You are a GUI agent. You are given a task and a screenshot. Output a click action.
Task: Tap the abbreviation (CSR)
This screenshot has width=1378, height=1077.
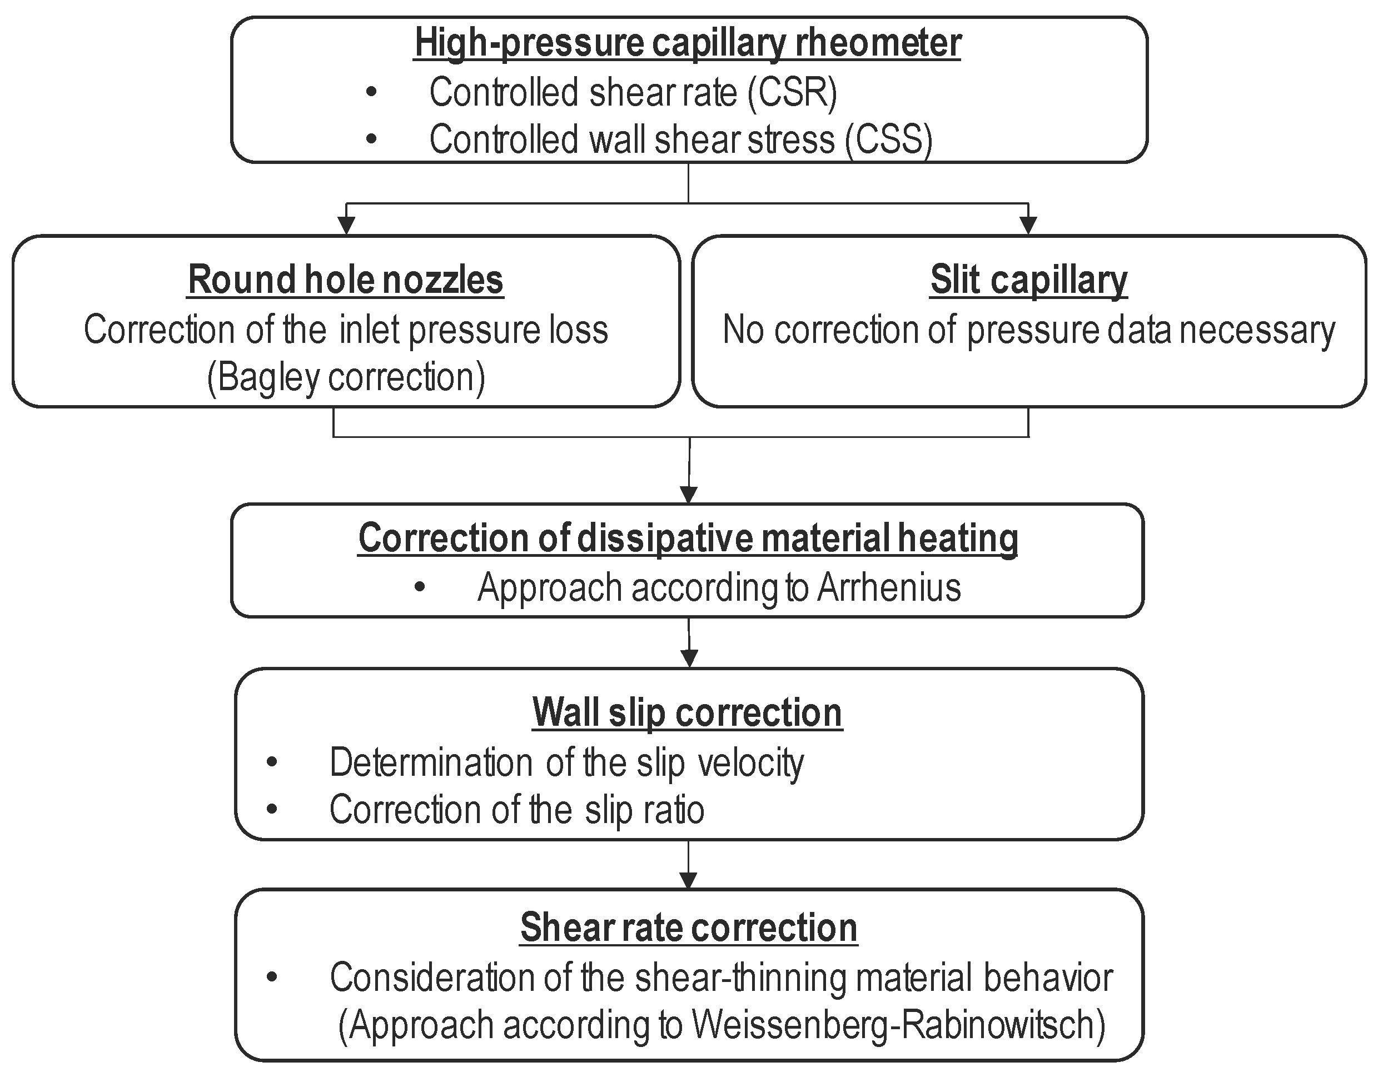pos(793,93)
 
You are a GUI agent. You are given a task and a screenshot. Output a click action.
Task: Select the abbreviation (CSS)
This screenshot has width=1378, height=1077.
pos(889,139)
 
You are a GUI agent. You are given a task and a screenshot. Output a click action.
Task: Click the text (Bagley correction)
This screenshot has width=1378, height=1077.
pos(346,377)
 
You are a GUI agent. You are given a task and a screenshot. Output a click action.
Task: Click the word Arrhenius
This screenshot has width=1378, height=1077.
pos(889,588)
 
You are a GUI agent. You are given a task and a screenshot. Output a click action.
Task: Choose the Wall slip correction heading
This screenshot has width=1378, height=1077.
pos(687,712)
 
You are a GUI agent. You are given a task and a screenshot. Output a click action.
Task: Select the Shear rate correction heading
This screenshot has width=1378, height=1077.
pos(688,928)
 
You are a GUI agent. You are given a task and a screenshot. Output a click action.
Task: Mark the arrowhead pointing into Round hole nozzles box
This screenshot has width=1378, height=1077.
pos(346,225)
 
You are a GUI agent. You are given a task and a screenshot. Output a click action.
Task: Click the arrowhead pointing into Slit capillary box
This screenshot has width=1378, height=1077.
pos(1028,225)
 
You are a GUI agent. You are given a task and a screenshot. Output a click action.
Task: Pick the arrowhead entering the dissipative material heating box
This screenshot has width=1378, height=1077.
pos(689,493)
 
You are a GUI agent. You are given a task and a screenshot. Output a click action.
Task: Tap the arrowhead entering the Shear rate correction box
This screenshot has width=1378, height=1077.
pos(688,880)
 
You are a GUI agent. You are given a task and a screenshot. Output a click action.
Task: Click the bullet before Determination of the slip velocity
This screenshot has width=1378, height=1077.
pos(272,762)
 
